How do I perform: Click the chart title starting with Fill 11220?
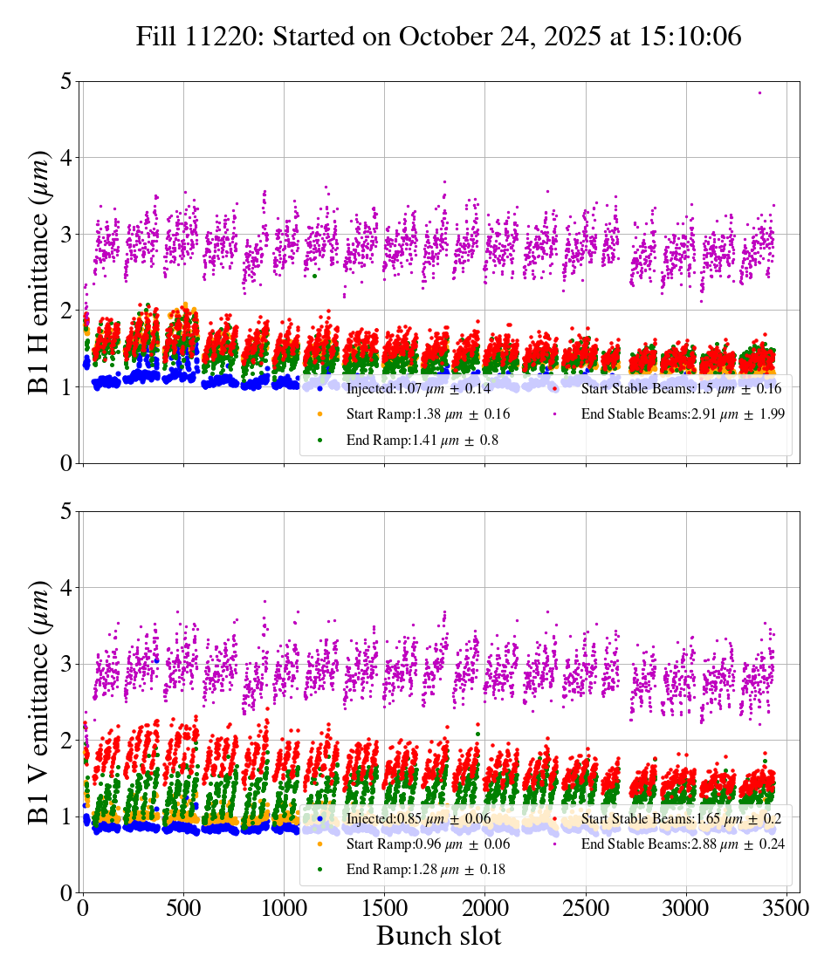click(x=438, y=37)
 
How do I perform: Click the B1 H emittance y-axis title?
click(x=39, y=271)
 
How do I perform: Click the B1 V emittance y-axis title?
click(x=39, y=701)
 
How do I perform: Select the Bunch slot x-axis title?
click(x=438, y=936)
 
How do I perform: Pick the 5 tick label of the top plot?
click(x=65, y=82)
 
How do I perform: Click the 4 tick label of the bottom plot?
click(x=65, y=587)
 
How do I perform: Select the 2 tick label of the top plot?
click(x=65, y=311)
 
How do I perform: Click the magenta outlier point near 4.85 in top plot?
click(x=759, y=92)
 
